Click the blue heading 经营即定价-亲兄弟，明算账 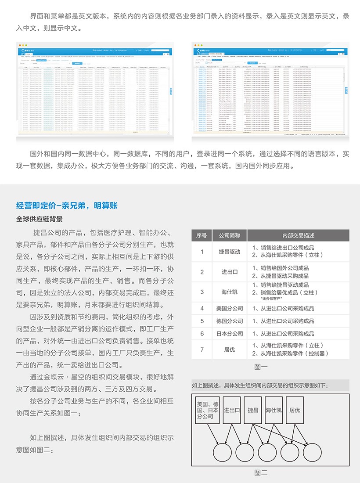coord(67,205)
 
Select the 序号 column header coord(202,235)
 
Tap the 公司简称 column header coord(230,235)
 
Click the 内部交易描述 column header coord(298,235)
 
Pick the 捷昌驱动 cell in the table coord(230,252)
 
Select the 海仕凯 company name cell coord(230,292)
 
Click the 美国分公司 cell coord(230,308)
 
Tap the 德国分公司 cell coord(230,321)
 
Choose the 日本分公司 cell coord(230,334)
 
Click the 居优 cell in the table coord(230,350)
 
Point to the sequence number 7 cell coord(202,350)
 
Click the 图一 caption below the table coord(261,367)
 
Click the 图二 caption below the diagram coord(261,472)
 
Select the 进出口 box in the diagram coord(231,410)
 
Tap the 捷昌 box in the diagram coord(253,410)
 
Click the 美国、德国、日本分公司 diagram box coord(208,410)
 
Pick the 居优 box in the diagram coord(295,410)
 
